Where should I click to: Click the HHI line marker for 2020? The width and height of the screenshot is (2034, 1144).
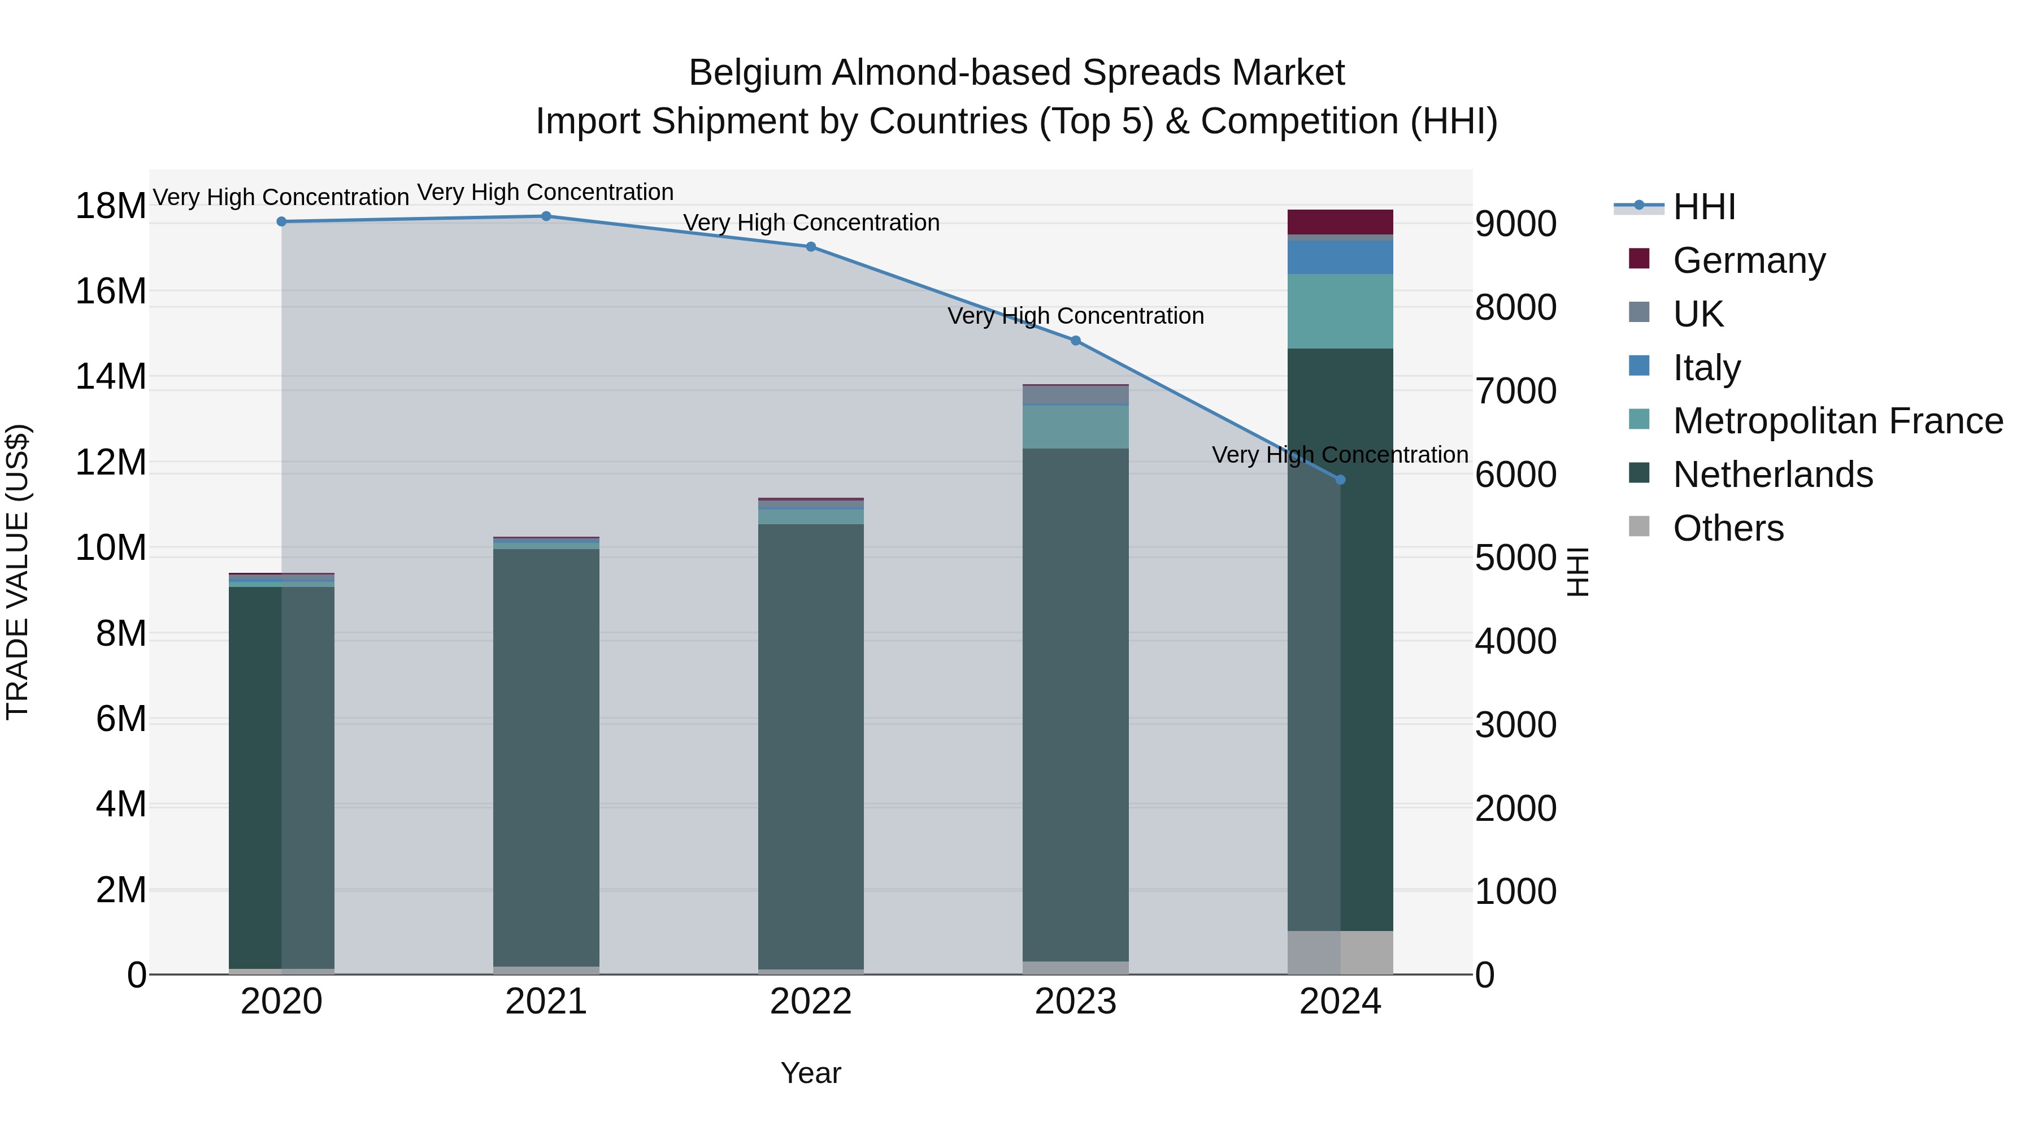point(281,222)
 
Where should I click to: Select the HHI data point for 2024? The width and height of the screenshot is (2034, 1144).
point(1340,480)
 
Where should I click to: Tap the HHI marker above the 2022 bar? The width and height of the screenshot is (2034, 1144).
point(810,247)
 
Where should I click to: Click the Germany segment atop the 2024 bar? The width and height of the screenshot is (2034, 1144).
point(1340,222)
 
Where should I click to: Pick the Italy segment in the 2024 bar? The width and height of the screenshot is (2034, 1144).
point(1340,258)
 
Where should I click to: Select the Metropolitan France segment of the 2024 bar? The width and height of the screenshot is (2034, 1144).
point(1340,311)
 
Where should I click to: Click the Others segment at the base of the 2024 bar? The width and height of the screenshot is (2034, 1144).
point(1340,953)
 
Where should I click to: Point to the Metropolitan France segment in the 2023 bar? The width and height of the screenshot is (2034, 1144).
point(1075,427)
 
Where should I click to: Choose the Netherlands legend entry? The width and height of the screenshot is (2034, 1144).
point(1772,475)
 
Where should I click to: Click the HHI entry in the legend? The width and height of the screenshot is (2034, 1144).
point(1704,207)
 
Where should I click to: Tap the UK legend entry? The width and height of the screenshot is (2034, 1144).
point(1698,314)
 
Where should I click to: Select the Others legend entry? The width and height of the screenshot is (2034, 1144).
point(1728,528)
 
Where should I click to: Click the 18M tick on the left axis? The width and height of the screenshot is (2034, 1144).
point(111,206)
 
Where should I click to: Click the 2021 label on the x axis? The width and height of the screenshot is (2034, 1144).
point(546,1002)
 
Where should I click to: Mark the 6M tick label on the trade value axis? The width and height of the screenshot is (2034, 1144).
point(121,719)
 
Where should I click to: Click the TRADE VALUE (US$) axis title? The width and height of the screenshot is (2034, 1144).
point(18,572)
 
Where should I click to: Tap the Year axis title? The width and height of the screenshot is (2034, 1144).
point(810,1073)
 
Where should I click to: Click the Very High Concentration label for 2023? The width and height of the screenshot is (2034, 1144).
point(1075,316)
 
